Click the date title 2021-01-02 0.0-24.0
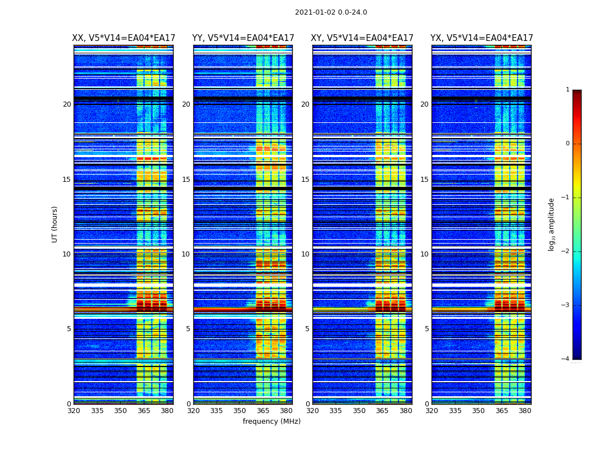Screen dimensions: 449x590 pos(331,12)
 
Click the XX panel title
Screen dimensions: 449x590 pos(124,38)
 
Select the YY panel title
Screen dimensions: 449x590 pos(243,38)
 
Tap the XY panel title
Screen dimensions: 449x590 pos(362,38)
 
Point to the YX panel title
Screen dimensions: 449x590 pos(482,38)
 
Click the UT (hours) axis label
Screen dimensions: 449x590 pos(55,224)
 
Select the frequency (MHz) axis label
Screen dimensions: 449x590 pos(271,421)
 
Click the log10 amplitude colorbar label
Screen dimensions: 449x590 pos(552,224)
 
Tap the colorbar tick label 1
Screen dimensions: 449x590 pos(568,90)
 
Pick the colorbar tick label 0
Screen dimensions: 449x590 pos(568,144)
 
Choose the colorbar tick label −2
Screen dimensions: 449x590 pos(566,251)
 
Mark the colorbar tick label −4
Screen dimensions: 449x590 pos(566,359)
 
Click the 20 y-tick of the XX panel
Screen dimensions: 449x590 pos(67,104)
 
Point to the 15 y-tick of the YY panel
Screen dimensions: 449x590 pos(186,180)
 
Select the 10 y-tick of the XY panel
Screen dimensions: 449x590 pos(305,254)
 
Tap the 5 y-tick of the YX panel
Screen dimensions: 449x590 pos(426,329)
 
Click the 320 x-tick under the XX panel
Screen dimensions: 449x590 pos(74,411)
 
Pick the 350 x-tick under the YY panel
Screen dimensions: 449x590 pos(240,411)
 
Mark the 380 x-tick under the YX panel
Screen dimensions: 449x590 pos(525,411)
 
